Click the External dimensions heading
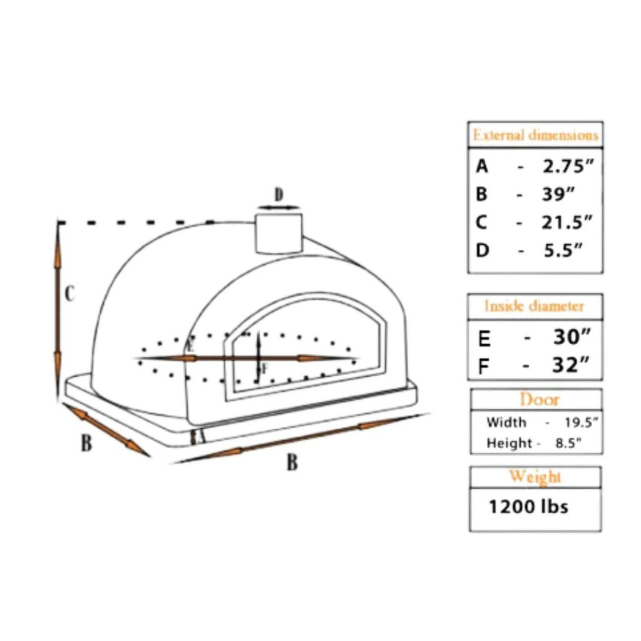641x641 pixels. click(535, 135)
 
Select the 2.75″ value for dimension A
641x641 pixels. click(568, 167)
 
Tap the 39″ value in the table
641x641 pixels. click(558, 194)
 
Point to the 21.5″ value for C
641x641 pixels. click(567, 222)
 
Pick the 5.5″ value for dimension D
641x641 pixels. click(562, 250)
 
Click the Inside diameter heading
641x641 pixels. click(535, 306)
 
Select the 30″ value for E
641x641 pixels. click(572, 338)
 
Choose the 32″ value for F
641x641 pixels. click(572, 364)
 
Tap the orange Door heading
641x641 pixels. click(539, 399)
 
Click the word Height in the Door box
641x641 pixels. click(508, 443)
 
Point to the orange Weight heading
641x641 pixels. click(535, 476)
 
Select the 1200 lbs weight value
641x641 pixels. click(528, 506)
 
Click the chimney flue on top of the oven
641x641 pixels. click(278, 232)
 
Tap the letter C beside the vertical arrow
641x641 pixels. click(70, 293)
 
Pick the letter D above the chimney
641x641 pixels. click(279, 195)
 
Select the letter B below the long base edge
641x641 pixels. click(292, 463)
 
